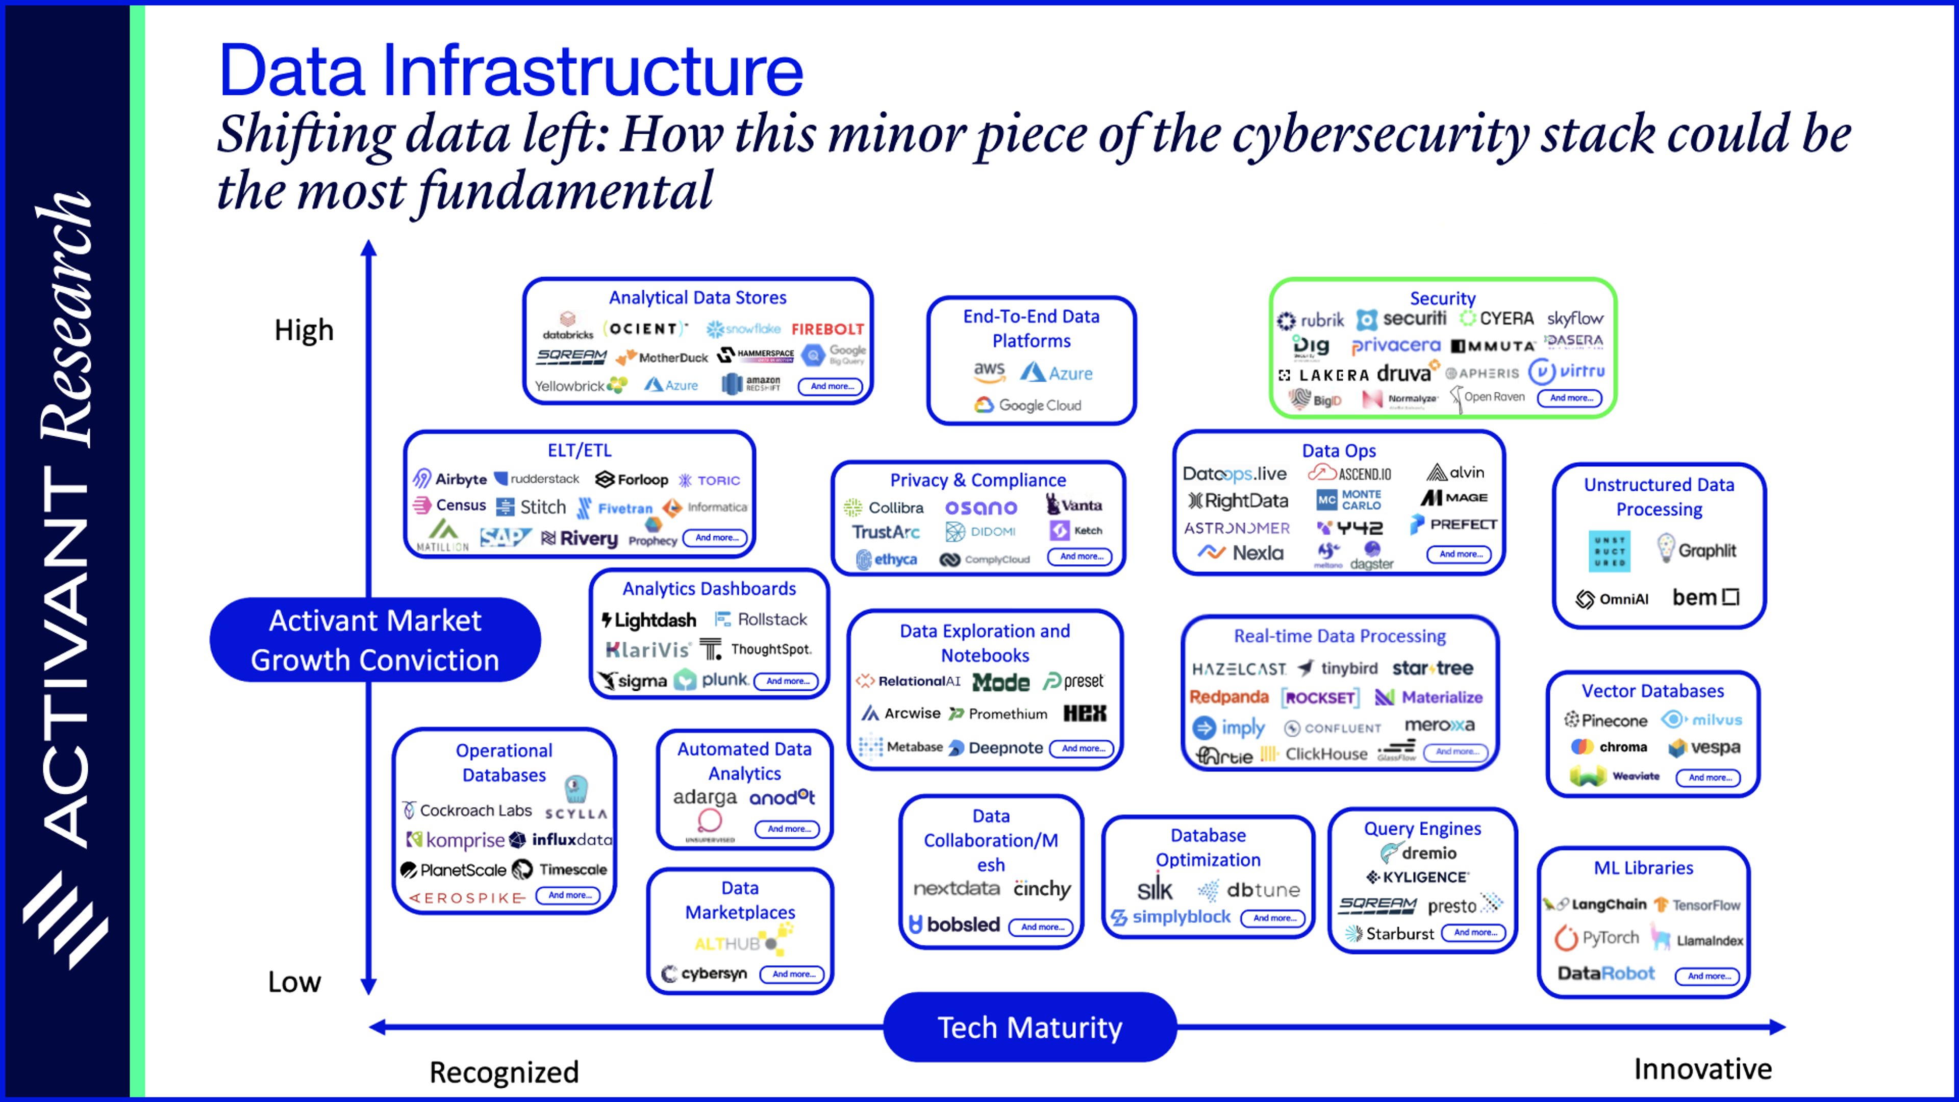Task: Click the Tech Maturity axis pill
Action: click(x=1029, y=1028)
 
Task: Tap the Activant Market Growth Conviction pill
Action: click(x=375, y=640)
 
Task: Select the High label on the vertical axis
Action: click(x=304, y=330)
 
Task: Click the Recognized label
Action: click(x=504, y=1071)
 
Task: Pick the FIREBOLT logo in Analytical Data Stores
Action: click(x=827, y=329)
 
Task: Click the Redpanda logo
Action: click(x=1229, y=696)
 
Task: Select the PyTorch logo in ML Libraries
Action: click(x=1596, y=938)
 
